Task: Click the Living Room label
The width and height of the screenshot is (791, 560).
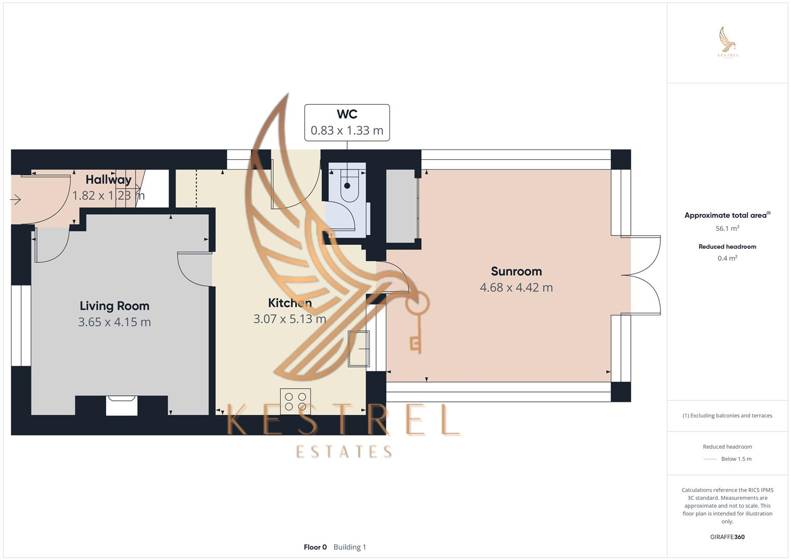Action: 114,306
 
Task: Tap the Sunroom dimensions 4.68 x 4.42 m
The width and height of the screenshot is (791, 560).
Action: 516,287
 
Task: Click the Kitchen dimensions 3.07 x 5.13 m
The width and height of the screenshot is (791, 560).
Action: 290,319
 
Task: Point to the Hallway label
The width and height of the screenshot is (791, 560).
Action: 108,179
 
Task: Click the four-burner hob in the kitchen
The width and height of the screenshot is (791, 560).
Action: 295,401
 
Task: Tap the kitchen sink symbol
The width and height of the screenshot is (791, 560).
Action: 358,348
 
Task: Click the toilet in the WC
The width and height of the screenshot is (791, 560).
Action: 348,184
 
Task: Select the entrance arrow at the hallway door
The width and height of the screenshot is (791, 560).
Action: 15,199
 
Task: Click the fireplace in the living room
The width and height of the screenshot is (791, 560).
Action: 122,405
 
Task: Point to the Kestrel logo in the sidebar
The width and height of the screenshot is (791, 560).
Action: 728,43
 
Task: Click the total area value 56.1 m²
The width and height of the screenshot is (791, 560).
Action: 727,228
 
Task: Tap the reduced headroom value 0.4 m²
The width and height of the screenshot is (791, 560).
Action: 727,258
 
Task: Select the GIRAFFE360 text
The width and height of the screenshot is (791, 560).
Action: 727,537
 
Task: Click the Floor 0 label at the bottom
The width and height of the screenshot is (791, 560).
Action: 315,547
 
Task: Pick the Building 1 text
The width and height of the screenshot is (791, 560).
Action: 350,547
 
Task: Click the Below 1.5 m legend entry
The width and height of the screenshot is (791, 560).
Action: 736,459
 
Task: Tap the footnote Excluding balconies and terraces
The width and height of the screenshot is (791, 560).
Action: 727,415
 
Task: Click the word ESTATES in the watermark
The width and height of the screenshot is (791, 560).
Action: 344,452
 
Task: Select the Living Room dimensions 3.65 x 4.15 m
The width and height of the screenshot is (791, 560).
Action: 114,322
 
